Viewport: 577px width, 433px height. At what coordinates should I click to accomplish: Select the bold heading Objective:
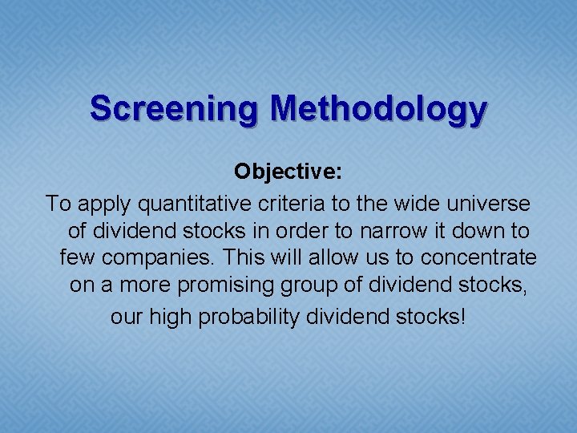[x=288, y=172]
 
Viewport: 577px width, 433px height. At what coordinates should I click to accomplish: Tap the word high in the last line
[x=171, y=317]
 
